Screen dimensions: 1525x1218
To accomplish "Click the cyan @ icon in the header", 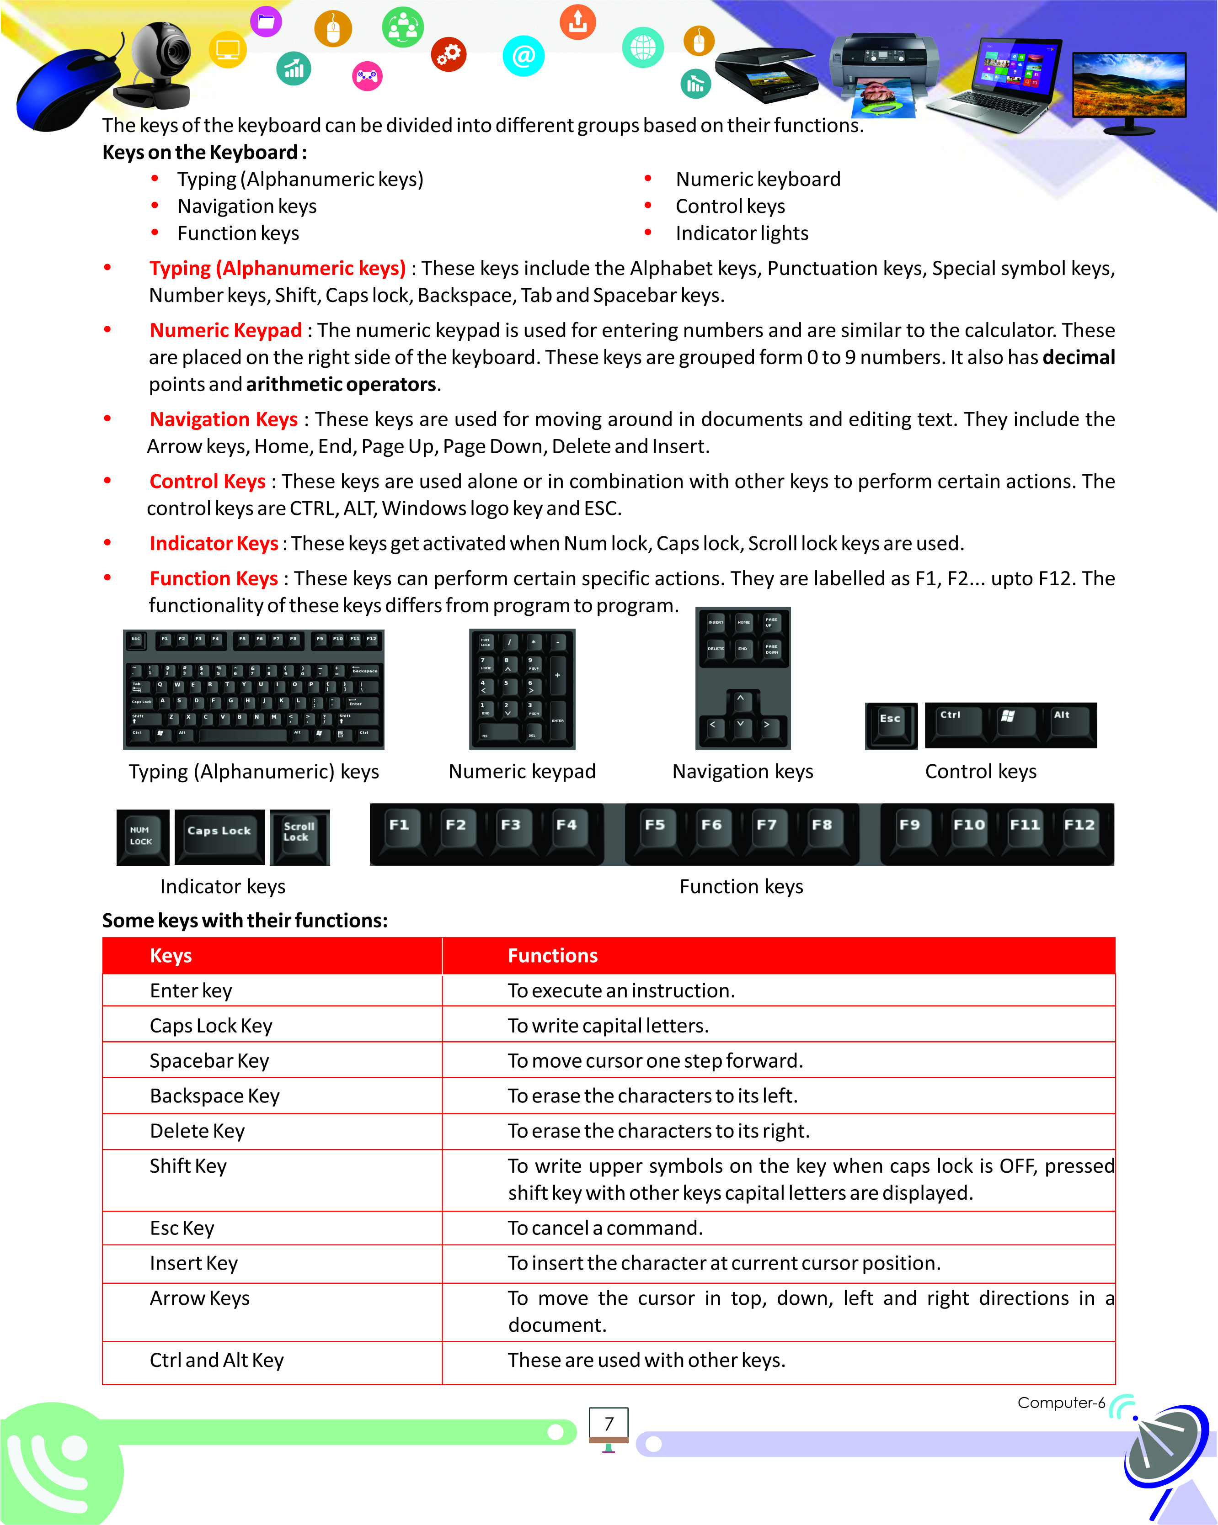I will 523,56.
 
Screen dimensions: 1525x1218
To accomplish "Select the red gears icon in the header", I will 449,54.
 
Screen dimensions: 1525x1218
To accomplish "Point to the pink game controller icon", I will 367,76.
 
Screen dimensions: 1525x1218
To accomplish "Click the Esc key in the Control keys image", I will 890,724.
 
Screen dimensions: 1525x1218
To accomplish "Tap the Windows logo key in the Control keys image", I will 1008,721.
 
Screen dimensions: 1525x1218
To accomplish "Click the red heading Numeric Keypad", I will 226,330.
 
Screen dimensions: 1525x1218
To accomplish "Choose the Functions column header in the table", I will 553,956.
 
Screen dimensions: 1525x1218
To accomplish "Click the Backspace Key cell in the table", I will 214,1096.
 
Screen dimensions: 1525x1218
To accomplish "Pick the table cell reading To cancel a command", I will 605,1228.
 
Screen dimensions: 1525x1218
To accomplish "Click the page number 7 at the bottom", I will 609,1424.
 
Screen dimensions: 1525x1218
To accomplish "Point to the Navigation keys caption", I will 743,771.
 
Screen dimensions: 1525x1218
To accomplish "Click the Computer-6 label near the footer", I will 1060,1403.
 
